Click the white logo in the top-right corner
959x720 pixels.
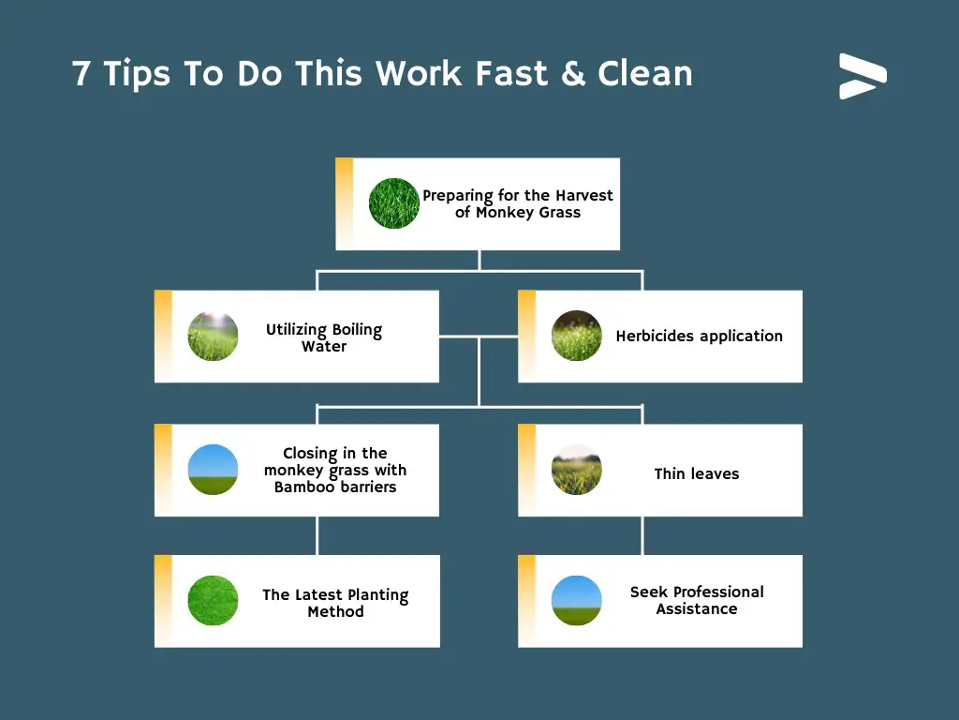pyautogui.click(x=863, y=77)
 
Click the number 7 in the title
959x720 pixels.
pyautogui.click(x=81, y=73)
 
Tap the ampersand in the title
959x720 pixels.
pyautogui.click(x=572, y=73)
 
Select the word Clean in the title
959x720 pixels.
pyautogui.click(x=644, y=73)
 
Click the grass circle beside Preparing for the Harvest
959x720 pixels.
pyautogui.click(x=394, y=203)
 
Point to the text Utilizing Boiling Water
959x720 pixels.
pyautogui.click(x=324, y=337)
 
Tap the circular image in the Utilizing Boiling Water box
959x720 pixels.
pyautogui.click(x=213, y=336)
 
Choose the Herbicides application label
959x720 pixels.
pyautogui.click(x=699, y=337)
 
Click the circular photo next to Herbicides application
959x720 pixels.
pyautogui.click(x=576, y=336)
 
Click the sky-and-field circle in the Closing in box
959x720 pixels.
pyautogui.click(x=213, y=470)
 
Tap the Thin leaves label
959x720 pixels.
pyautogui.click(x=697, y=473)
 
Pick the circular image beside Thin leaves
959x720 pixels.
pyautogui.click(x=576, y=470)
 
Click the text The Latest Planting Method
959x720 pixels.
pyautogui.click(x=336, y=603)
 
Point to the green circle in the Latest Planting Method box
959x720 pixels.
pyautogui.click(x=213, y=601)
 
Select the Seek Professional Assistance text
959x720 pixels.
pyautogui.click(x=697, y=600)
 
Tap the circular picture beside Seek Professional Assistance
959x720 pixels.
pyautogui.click(x=576, y=601)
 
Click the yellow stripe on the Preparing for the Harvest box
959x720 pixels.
pyautogui.click(x=345, y=203)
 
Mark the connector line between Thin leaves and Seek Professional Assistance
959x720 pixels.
pyautogui.click(x=642, y=535)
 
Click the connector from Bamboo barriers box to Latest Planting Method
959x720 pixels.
pyautogui.click(x=317, y=535)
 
